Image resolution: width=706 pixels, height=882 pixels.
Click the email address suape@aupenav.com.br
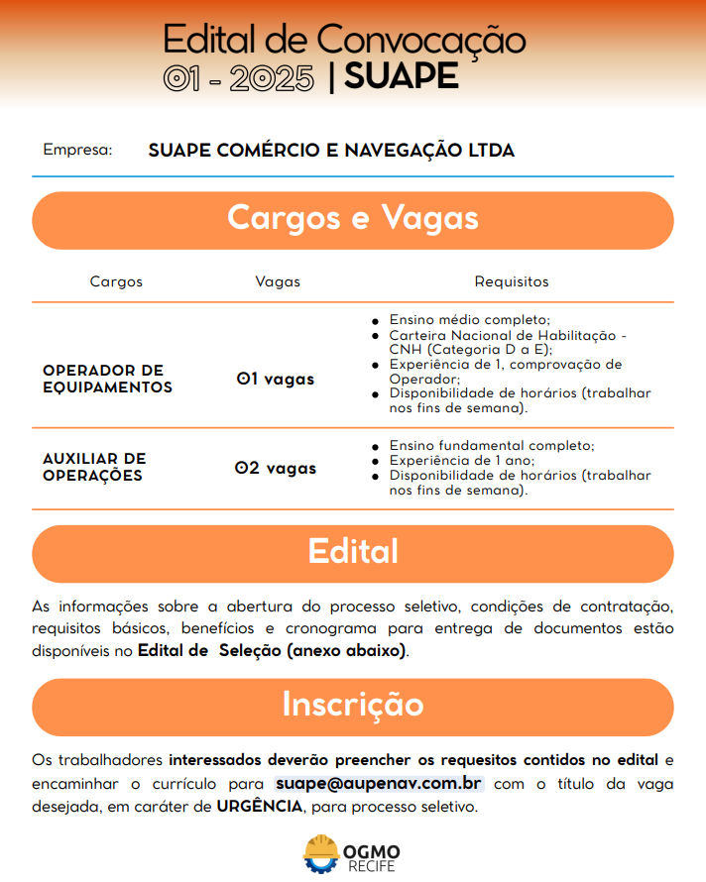click(379, 784)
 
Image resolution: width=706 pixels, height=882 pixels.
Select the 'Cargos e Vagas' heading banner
click(353, 219)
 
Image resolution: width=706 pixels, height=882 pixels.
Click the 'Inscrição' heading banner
click(353, 705)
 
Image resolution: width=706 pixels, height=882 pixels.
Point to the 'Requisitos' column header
click(512, 281)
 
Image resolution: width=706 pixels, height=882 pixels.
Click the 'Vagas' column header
click(278, 281)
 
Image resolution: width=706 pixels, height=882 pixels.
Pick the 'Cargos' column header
click(116, 281)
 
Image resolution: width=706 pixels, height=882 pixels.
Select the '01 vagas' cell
click(276, 379)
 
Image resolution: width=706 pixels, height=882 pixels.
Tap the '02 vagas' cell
click(276, 468)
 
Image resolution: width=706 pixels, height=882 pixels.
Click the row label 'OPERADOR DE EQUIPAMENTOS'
click(107, 379)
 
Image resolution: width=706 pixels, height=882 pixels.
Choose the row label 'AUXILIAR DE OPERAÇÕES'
click(94, 467)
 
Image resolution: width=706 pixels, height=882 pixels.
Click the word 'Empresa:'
click(77, 151)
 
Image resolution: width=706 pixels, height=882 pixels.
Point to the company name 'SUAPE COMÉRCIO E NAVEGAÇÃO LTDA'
click(331, 151)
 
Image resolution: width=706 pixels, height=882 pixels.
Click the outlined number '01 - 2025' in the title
click(239, 78)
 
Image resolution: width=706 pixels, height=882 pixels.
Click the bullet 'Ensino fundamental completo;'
click(492, 446)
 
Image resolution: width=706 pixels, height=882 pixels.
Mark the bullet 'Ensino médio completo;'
click(469, 320)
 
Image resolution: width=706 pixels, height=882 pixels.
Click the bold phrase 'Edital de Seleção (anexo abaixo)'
click(273, 652)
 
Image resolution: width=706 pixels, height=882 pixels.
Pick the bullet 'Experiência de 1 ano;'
click(462, 461)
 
